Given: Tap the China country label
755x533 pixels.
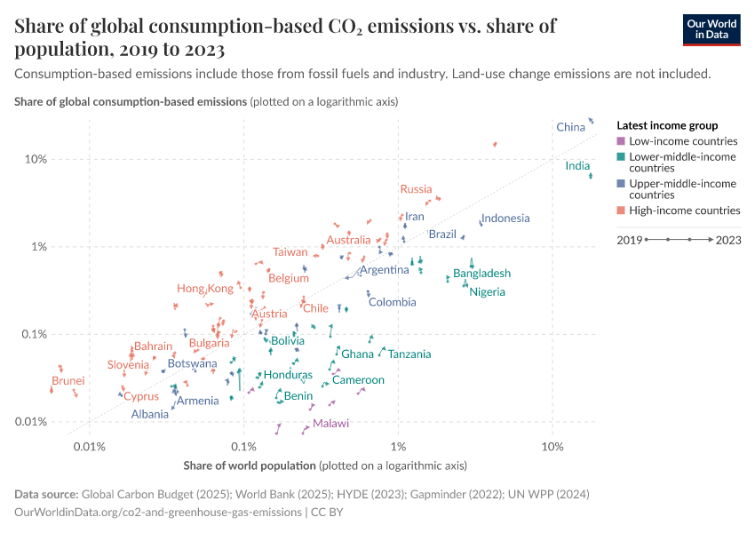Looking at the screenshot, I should point(570,127).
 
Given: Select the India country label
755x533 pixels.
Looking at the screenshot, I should point(577,166).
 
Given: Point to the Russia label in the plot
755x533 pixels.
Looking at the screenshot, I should point(416,189).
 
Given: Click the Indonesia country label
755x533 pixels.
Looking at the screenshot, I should point(505,219).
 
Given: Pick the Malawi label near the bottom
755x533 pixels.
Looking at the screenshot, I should point(330,424).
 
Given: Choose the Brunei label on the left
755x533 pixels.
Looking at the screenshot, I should point(68,381).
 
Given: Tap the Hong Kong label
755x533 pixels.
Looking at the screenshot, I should point(205,289).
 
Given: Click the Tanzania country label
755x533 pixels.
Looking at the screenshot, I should point(409,354).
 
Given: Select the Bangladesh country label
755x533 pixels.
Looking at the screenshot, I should point(481,274).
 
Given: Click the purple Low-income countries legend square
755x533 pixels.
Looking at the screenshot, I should point(621,141).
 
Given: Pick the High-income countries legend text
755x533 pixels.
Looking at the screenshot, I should point(684,211).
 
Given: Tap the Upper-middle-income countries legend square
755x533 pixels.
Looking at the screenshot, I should point(621,184).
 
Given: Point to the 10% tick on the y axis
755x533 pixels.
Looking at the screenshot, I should point(35,160).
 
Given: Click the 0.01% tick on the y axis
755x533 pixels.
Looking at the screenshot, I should point(31,422).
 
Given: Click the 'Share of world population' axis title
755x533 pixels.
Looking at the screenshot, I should point(250,465).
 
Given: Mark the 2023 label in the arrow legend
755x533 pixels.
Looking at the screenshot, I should point(728,240).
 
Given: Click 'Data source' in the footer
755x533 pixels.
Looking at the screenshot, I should point(46,494).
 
